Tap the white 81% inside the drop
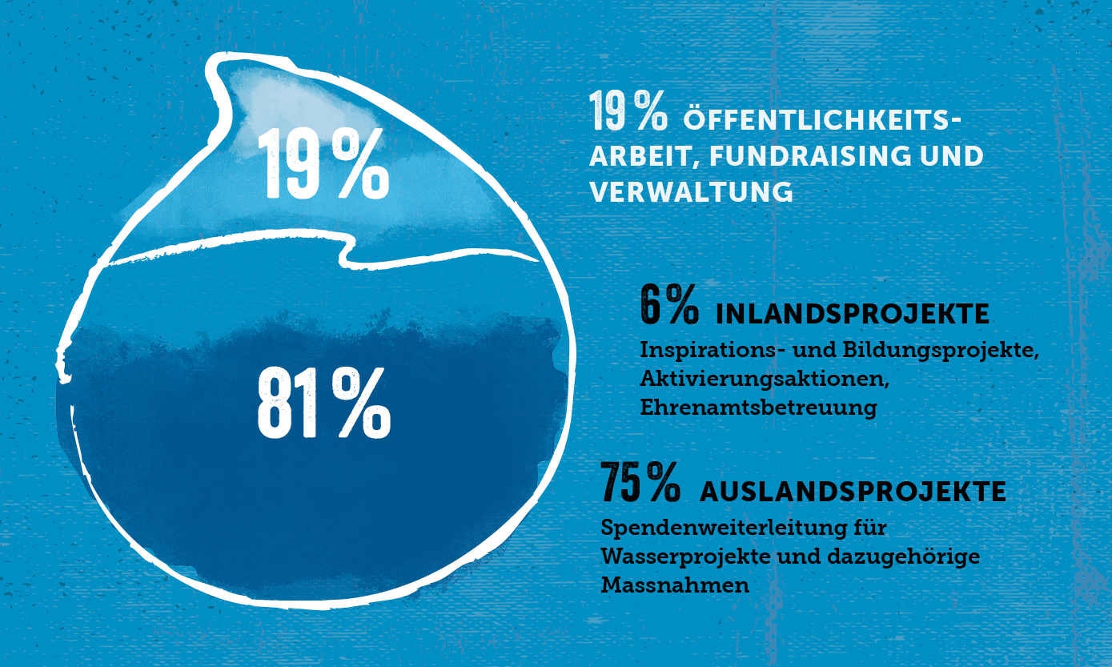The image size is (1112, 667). click(x=323, y=404)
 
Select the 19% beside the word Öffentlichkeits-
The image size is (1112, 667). click(x=628, y=112)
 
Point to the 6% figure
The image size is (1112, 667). click(x=669, y=305)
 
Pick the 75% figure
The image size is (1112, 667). click(x=640, y=483)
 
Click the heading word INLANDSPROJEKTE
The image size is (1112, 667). click(x=852, y=314)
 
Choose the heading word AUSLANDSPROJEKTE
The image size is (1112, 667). click(x=853, y=492)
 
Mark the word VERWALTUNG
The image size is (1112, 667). click(x=691, y=193)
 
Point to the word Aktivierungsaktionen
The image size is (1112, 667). click(x=765, y=379)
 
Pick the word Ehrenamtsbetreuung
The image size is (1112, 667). click(x=758, y=407)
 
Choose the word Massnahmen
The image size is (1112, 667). click(x=675, y=585)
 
